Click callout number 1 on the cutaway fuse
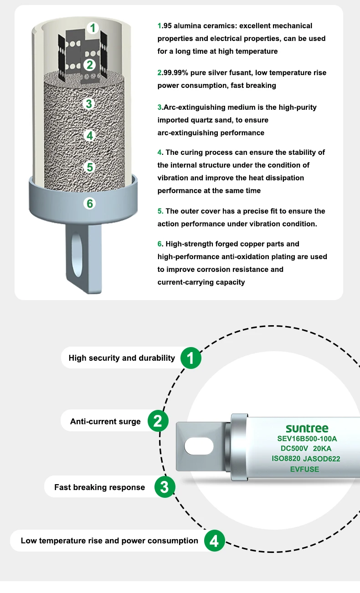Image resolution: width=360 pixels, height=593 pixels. (93, 28)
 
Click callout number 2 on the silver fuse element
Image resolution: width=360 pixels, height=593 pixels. (89, 65)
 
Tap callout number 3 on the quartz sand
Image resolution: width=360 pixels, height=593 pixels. (89, 103)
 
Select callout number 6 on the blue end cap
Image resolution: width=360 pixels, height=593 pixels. (90, 203)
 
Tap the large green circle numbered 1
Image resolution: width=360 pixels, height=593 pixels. (191, 358)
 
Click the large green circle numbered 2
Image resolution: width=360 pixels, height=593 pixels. (158, 421)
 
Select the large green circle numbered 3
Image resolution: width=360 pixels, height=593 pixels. (165, 487)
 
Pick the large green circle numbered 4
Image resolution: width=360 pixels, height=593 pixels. (214, 541)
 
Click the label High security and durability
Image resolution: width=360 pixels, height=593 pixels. (122, 358)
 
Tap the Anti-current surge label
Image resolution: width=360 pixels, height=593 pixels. (105, 421)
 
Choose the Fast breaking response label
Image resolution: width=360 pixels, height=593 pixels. (99, 487)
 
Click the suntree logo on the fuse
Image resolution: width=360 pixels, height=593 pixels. (307, 429)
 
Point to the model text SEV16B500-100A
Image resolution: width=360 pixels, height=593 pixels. (307, 439)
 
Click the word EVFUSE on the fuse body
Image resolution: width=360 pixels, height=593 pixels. (304, 469)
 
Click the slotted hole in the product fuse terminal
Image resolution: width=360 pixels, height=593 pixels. (199, 445)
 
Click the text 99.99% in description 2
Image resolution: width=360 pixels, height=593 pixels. (176, 73)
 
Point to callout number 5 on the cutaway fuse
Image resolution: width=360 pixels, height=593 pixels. (90, 167)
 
